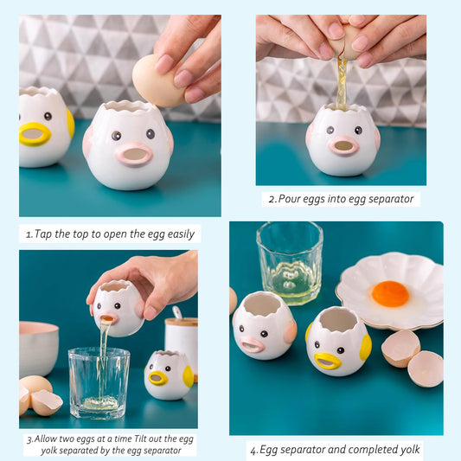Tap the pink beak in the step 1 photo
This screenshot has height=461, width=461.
[x=134, y=154]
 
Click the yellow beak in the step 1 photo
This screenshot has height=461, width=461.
[x=35, y=134]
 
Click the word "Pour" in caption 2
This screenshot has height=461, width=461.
[x=289, y=199]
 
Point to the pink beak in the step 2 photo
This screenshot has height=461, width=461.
[x=343, y=145]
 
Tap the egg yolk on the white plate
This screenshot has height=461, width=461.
[x=390, y=294]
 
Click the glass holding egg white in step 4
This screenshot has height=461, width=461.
[x=290, y=263]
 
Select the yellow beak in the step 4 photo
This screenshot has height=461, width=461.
[x=328, y=361]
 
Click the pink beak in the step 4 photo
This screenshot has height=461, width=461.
[x=253, y=344]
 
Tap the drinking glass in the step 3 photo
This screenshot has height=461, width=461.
[x=99, y=383]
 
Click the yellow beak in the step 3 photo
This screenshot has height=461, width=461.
[x=158, y=378]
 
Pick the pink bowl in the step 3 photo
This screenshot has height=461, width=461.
[x=38, y=349]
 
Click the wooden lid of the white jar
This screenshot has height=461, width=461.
[x=182, y=322]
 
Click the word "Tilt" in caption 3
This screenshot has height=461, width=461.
[x=140, y=439]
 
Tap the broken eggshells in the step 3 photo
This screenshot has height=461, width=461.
[x=40, y=394]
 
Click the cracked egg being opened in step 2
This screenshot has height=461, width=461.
[x=343, y=42]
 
